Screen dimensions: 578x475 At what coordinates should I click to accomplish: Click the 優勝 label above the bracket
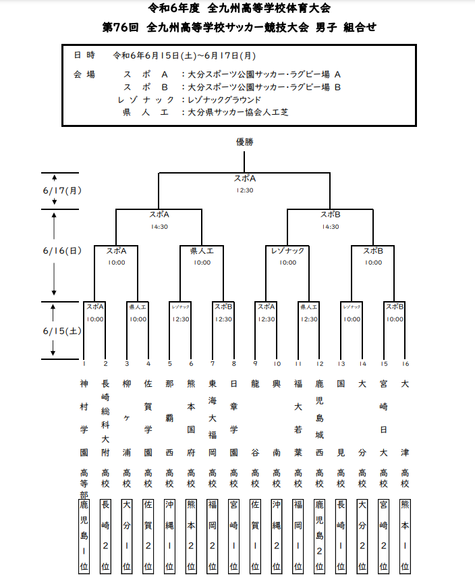point(244,142)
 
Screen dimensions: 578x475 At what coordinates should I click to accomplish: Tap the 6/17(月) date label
point(61,190)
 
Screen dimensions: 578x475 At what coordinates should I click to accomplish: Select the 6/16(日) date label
point(61,251)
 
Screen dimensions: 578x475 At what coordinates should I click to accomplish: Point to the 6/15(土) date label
point(61,331)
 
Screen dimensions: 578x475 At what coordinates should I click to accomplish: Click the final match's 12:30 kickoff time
point(244,190)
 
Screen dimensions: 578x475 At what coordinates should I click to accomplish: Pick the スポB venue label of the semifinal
point(330,215)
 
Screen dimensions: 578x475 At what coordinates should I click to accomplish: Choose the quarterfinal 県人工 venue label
point(202,251)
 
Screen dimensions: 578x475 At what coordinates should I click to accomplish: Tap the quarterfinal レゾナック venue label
point(287,251)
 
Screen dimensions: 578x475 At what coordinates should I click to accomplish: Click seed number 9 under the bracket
point(255,363)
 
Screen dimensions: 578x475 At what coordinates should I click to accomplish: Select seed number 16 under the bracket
point(405,363)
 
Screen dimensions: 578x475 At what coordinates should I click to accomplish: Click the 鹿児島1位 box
point(84,537)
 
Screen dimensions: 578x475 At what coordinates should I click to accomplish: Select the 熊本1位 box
point(405,537)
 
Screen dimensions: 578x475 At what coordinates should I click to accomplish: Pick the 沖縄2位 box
point(277,537)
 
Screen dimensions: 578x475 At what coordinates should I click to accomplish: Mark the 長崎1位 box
point(341,537)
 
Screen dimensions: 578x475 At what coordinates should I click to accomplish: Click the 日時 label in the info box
point(84,55)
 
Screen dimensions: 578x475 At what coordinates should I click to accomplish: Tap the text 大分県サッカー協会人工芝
point(237,111)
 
